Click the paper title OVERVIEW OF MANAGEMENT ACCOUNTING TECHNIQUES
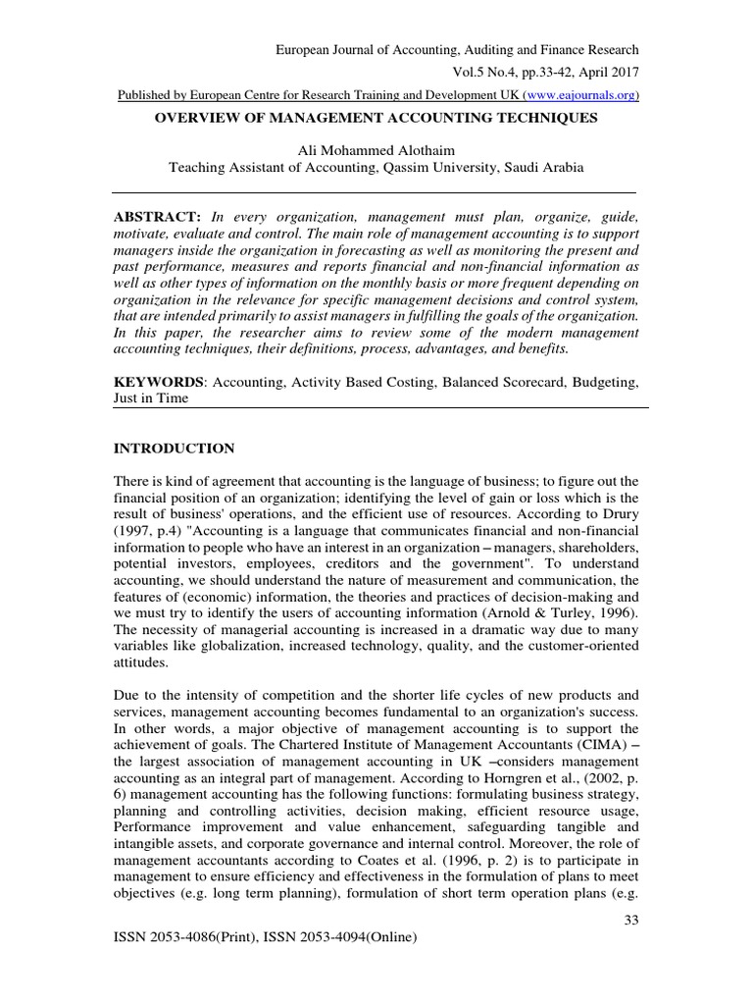376,118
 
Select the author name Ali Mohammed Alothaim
376,149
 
